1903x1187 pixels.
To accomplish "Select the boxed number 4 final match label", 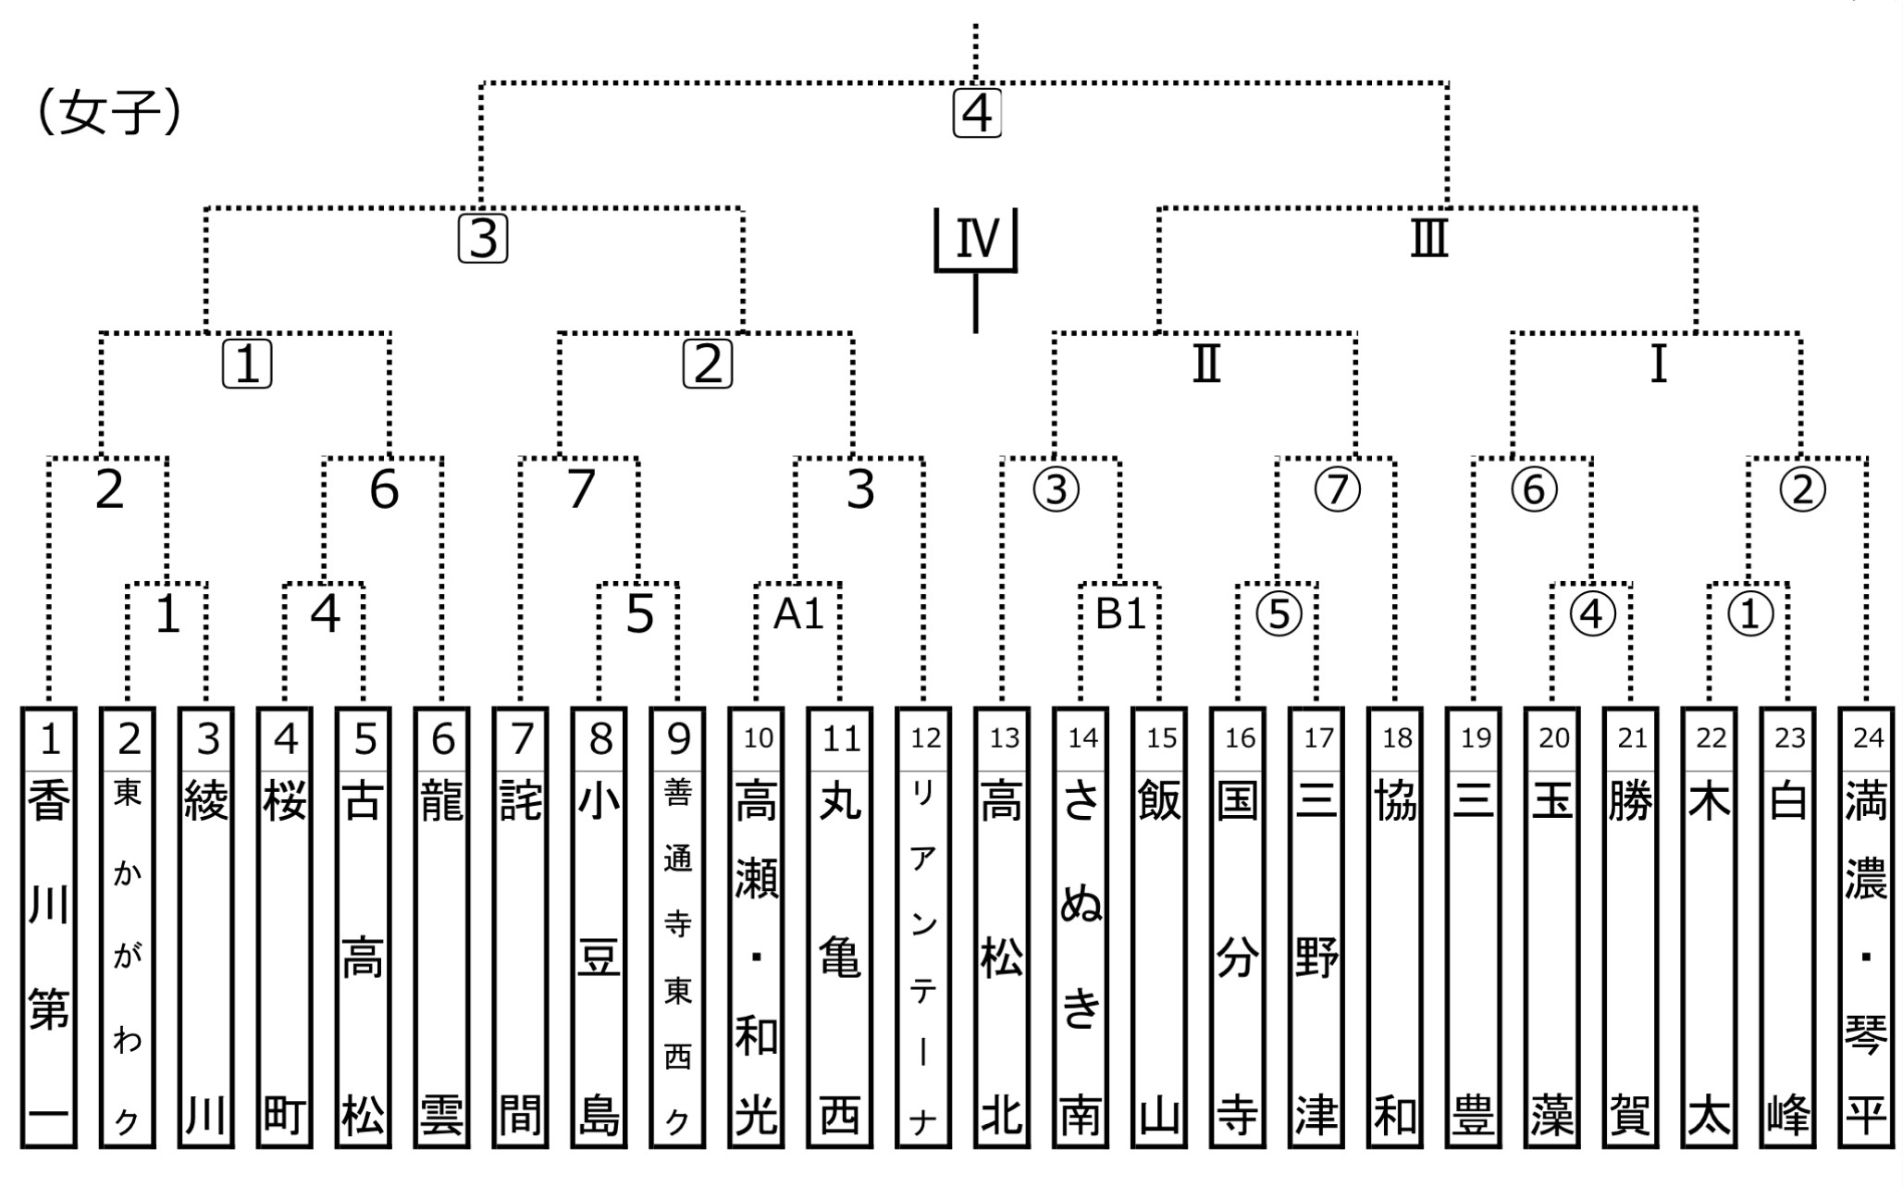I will point(977,115).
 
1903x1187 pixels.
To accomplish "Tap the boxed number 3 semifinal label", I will point(483,239).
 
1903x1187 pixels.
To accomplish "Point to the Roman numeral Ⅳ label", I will point(977,238).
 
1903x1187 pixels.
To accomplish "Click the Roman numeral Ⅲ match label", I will point(1429,238).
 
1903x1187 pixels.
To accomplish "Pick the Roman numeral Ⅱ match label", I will point(1206,365).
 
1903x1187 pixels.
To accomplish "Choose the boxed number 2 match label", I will point(708,365).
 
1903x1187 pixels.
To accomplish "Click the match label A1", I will point(797,613).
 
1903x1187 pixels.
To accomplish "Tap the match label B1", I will point(1120,613).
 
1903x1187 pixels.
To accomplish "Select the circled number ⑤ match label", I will point(1279,613).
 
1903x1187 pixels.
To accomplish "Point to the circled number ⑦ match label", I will point(1338,489).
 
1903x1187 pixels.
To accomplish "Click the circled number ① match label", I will point(1749,613).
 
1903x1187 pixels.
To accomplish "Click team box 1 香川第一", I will point(49,927).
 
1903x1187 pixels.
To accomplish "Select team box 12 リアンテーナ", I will point(923,927).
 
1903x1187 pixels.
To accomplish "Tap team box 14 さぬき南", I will point(1081,927).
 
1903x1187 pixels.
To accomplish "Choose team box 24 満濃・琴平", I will point(1866,927).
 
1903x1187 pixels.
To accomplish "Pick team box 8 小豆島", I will point(599,927).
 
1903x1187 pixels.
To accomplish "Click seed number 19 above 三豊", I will point(1475,738).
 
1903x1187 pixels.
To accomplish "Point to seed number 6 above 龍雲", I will point(442,738).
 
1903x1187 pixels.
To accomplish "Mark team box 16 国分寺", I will point(1238,927).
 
